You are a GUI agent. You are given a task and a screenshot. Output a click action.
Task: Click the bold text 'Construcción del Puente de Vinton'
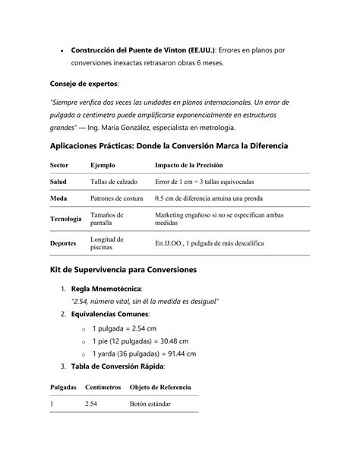tap(130, 50)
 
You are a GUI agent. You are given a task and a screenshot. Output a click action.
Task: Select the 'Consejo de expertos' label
tap(84, 83)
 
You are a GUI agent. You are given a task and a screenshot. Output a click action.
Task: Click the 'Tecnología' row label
tap(66, 219)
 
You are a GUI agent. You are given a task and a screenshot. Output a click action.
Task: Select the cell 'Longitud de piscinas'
tap(108, 243)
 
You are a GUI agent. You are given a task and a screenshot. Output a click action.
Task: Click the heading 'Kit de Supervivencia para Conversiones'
tap(123, 270)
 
